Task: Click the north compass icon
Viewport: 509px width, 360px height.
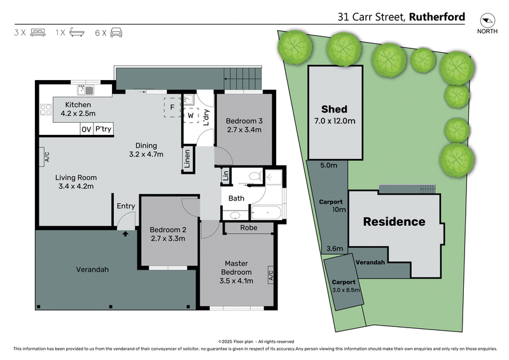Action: pos(487,20)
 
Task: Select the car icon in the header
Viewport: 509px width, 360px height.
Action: pos(116,31)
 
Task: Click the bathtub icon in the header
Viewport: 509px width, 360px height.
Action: pos(76,31)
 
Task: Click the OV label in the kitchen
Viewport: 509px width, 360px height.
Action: pos(86,129)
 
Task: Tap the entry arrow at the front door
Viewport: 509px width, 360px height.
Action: pos(125,233)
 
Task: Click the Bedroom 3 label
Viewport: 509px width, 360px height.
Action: pos(245,121)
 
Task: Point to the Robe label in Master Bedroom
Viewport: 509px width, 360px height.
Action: pos(248,227)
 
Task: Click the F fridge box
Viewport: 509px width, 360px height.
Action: pos(172,107)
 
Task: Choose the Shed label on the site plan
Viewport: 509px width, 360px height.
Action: pos(334,109)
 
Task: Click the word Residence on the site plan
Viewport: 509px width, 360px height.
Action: pos(394,222)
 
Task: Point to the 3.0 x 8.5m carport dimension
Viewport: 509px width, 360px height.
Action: pos(345,290)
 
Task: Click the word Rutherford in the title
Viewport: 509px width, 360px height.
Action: pos(438,17)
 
